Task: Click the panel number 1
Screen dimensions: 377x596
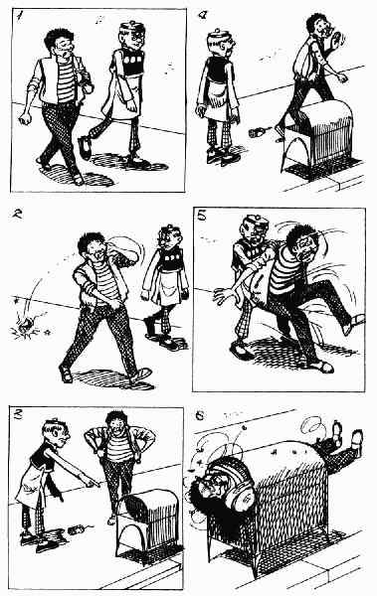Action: (x=19, y=16)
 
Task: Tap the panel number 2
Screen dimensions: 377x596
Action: (x=18, y=214)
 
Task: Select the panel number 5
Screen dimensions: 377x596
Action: (x=202, y=216)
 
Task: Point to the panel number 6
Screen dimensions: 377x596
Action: (x=200, y=416)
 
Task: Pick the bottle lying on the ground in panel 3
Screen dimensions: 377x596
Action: (x=76, y=529)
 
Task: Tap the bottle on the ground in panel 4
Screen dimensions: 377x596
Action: (x=256, y=133)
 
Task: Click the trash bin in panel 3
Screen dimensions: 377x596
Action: (x=150, y=524)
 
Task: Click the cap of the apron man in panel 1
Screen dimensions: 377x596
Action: (x=131, y=27)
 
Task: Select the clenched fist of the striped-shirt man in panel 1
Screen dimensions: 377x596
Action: (x=26, y=118)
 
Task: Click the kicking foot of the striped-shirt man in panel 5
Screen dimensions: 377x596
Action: (x=354, y=324)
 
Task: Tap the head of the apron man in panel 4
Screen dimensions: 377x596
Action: (x=220, y=43)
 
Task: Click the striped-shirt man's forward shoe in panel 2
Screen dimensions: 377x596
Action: (x=140, y=374)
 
